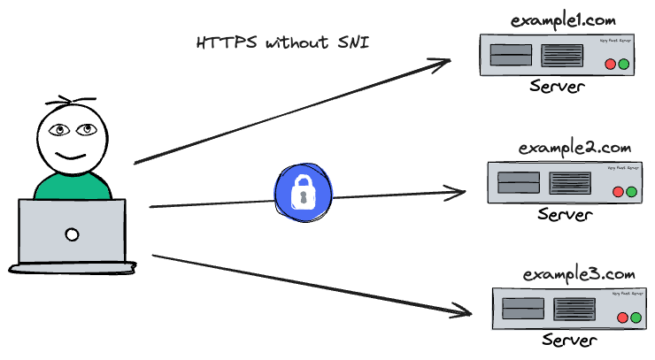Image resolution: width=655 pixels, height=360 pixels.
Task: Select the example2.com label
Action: pos(574,147)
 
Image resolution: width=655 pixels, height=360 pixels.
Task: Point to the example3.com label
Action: pos(580,275)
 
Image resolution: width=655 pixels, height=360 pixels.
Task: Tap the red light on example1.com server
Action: pos(610,65)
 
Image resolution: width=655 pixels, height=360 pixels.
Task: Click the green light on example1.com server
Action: pos(623,65)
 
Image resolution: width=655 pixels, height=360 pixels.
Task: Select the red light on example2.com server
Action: pos(618,192)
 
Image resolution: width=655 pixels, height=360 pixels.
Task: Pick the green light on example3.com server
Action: pos(636,318)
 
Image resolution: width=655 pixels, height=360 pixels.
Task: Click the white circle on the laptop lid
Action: pos(72,235)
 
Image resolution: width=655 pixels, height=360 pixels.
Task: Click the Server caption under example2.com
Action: pos(565,215)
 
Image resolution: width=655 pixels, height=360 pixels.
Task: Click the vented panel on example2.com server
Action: pos(569,183)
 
